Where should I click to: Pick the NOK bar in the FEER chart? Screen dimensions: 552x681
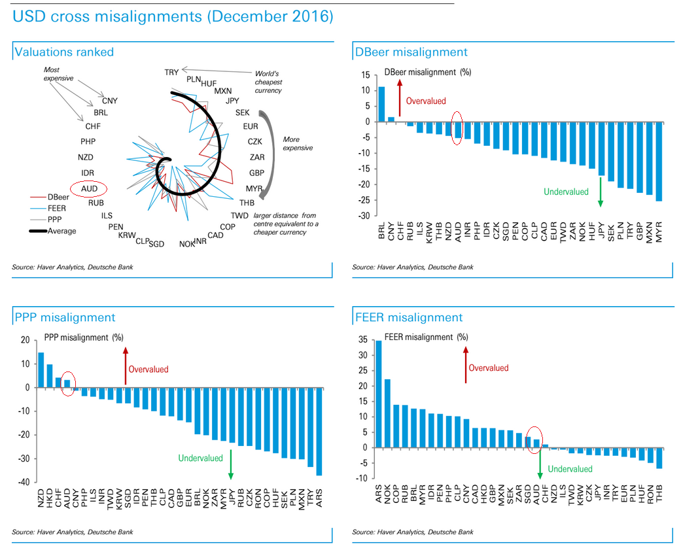point(387,413)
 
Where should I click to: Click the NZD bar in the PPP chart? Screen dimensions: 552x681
point(41,370)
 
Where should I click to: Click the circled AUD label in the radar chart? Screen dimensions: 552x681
point(89,188)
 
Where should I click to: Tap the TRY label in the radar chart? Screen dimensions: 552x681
point(172,73)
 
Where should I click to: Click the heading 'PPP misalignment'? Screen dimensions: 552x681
point(64,318)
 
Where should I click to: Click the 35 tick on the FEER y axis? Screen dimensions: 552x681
point(363,340)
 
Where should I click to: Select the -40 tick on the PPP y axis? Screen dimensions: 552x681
point(24,482)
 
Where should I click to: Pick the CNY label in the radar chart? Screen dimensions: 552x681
point(110,101)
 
